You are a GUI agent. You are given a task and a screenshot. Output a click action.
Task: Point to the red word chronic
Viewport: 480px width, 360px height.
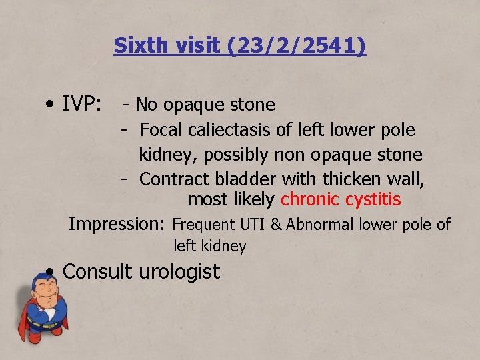[310, 199]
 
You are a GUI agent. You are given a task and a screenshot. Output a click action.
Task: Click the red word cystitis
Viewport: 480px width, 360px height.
[373, 199]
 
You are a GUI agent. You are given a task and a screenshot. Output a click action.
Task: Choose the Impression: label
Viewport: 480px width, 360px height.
[118, 224]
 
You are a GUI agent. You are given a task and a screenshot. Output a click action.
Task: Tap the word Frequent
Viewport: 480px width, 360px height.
[202, 225]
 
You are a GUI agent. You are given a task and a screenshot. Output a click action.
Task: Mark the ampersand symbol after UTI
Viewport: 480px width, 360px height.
[276, 225]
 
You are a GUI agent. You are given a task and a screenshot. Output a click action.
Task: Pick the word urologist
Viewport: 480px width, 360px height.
[181, 272]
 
